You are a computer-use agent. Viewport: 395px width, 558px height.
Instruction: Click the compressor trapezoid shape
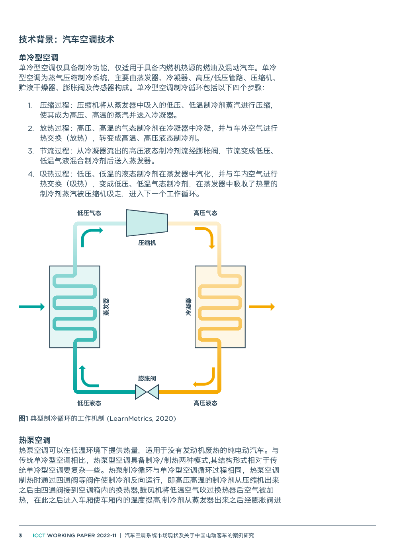pyautogui.click(x=147, y=223)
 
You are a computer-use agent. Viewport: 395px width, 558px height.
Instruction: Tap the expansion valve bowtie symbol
pyautogui.click(x=147, y=392)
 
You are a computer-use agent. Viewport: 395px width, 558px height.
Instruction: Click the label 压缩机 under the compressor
pyautogui.click(x=147, y=243)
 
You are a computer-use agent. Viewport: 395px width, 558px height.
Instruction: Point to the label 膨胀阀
pyautogui.click(x=147, y=378)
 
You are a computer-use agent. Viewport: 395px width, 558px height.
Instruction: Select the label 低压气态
pyautogui.click(x=89, y=213)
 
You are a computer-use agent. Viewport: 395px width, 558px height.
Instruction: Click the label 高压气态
pyautogui.click(x=205, y=213)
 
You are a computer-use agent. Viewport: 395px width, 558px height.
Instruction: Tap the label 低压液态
pyautogui.click(x=89, y=403)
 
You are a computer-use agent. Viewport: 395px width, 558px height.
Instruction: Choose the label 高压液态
pyautogui.click(x=205, y=403)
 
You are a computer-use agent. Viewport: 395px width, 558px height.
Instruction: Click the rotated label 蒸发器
pyautogui.click(x=106, y=307)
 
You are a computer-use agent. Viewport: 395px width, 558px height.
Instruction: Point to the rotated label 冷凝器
pyautogui.click(x=188, y=307)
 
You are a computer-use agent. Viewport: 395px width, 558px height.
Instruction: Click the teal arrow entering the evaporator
pyautogui.click(x=32, y=307)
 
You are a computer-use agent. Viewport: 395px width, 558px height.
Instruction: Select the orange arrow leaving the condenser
pyautogui.click(x=262, y=307)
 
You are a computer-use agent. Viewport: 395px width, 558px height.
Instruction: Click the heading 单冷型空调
pyautogui.click(x=39, y=58)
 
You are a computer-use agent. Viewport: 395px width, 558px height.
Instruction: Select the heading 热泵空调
pyautogui.click(x=35, y=440)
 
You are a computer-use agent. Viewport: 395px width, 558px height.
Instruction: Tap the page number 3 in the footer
pyautogui.click(x=20, y=535)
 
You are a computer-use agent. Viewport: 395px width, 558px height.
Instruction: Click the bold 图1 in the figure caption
pyautogui.click(x=23, y=418)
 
